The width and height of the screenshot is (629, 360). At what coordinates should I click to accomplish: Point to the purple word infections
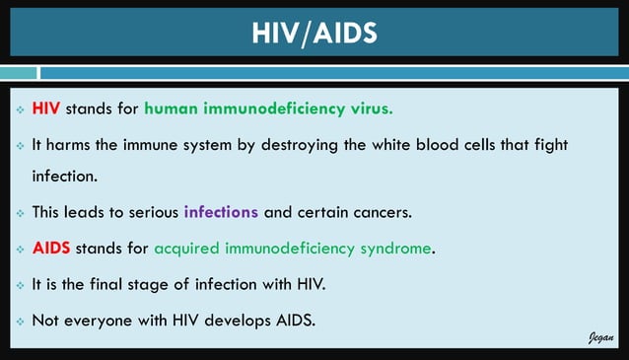tap(221, 212)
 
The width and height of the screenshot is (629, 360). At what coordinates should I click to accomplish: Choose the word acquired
tap(188, 248)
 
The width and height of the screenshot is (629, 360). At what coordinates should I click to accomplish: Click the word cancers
tap(412, 212)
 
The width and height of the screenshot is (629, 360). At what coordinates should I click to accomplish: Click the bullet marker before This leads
tap(20, 213)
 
